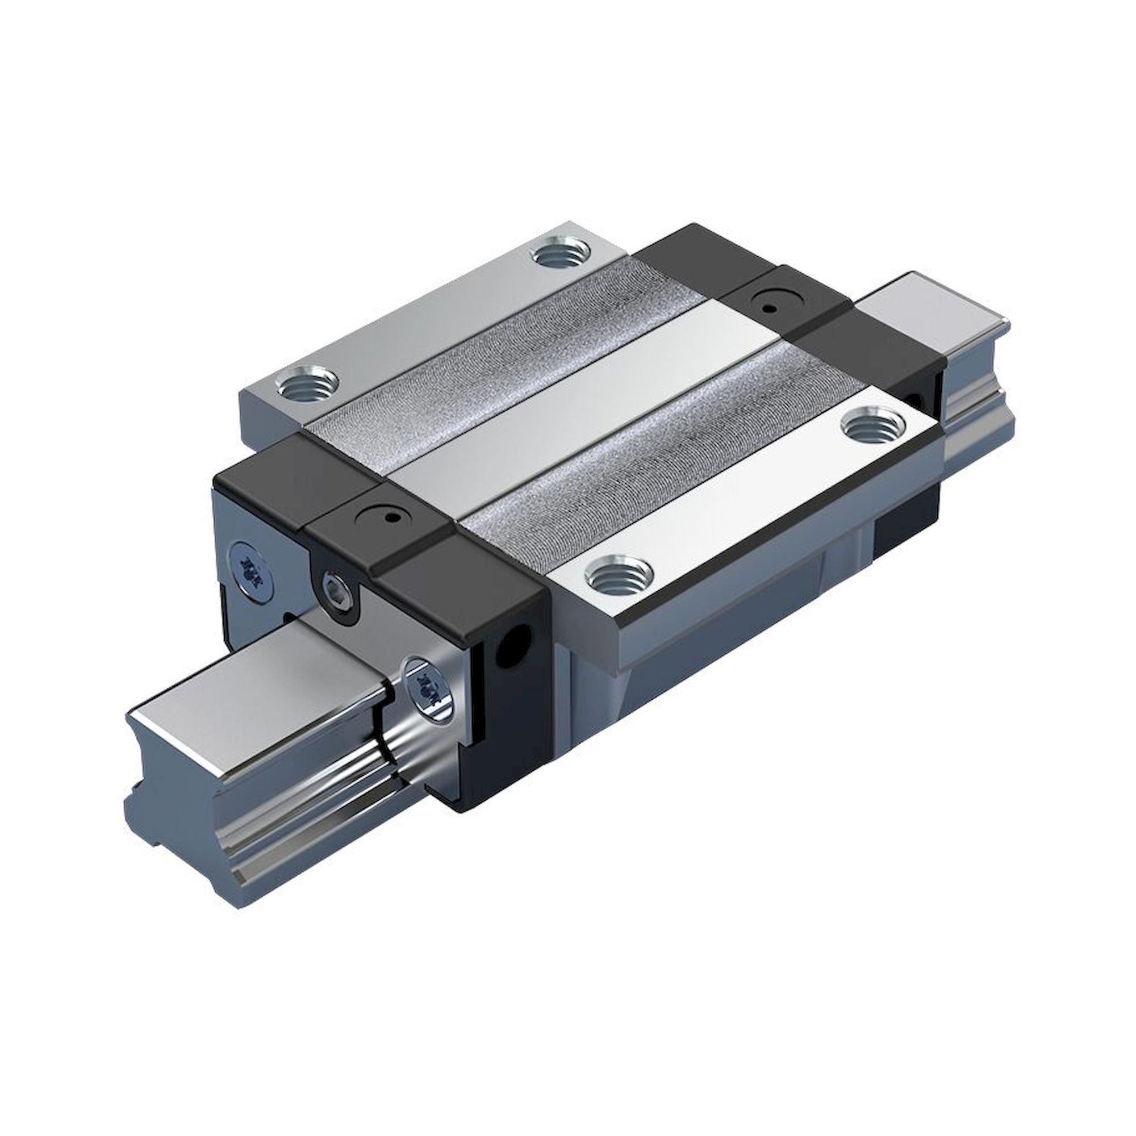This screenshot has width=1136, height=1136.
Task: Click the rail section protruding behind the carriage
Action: (x=935, y=318)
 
